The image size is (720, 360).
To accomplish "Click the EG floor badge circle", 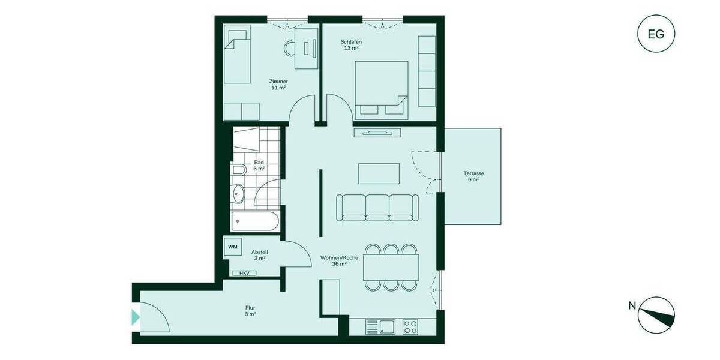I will (656, 34).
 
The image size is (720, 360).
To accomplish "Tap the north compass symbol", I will (656, 315).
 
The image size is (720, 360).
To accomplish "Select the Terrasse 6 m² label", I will (474, 176).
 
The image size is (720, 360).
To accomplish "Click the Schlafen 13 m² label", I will (351, 45).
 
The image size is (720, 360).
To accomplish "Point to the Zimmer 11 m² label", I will (278, 85).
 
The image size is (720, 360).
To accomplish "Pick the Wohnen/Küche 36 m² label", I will (340, 260).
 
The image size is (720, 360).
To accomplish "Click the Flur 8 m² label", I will (250, 310).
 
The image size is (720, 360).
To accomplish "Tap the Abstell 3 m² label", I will (259, 255).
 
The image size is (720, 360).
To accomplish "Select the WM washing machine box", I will (232, 246).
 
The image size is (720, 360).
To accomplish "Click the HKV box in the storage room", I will (244, 273).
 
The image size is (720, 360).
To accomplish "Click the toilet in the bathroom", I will (238, 171).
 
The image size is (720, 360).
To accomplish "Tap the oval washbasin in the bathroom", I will (238, 193).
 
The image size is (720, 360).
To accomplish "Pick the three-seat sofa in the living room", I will (377, 206).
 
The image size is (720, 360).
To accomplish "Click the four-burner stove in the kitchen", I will (410, 327).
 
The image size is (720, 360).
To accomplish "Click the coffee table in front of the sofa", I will (379, 173).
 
